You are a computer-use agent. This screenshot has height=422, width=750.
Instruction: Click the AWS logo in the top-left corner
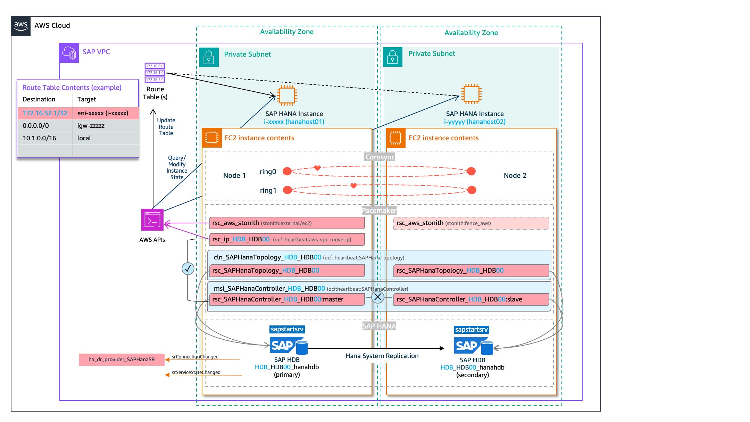(x=21, y=26)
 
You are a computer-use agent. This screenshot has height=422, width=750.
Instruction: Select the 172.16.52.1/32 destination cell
(x=45, y=113)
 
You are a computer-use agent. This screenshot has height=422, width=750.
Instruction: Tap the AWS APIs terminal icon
(x=152, y=220)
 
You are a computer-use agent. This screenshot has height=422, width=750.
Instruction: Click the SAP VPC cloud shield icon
(x=69, y=53)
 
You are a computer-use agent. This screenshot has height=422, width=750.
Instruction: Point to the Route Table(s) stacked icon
(x=155, y=73)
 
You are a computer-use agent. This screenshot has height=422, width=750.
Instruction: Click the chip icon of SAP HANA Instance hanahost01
(x=287, y=95)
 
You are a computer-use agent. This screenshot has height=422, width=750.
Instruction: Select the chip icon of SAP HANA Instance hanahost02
(x=471, y=94)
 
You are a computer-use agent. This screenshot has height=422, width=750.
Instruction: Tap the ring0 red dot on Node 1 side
(x=287, y=171)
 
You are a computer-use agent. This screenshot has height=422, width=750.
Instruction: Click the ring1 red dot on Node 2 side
(x=472, y=190)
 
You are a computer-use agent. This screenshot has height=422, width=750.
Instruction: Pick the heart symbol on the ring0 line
(x=317, y=168)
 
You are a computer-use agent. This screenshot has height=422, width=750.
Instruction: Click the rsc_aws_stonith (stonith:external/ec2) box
(x=287, y=223)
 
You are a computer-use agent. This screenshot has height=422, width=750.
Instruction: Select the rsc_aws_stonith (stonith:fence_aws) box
(x=471, y=223)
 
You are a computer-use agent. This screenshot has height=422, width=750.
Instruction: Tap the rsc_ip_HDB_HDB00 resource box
(x=287, y=239)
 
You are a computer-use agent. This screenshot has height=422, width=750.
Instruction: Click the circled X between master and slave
(x=378, y=297)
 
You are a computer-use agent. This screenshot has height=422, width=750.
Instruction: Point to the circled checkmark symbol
(x=188, y=268)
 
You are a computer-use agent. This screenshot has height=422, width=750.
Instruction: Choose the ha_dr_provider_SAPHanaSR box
(x=122, y=359)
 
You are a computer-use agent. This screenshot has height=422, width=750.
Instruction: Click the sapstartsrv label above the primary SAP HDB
(x=287, y=329)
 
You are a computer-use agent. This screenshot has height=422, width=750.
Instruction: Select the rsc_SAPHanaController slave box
(x=471, y=299)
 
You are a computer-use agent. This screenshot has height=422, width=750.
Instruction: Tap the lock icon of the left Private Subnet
(x=209, y=57)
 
